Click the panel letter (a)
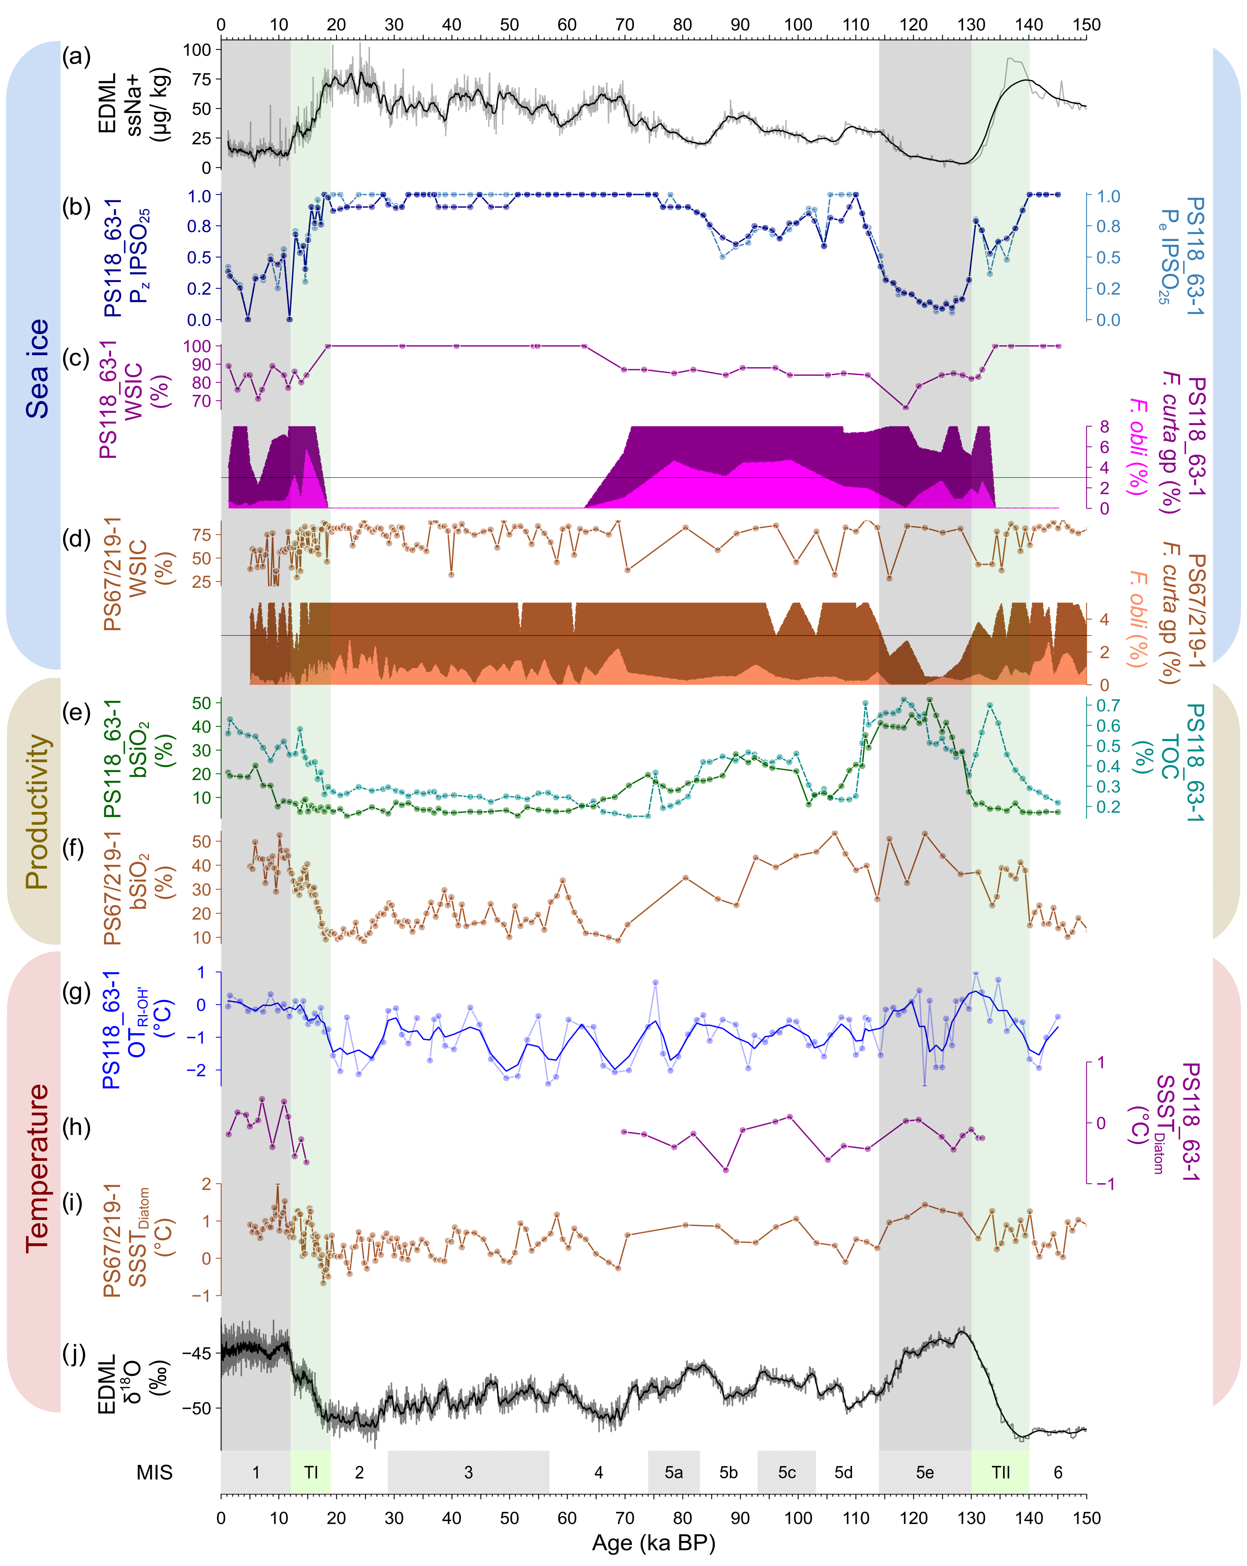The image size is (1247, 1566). coord(76,56)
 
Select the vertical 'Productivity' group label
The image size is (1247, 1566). coord(36,811)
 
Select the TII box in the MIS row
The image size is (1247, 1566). coord(1000,1472)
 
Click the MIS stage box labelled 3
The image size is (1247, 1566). coord(469,1472)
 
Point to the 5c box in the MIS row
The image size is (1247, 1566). coord(787,1472)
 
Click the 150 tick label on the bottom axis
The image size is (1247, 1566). coord(1086,1518)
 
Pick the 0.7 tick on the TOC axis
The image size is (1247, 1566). coord(1108,705)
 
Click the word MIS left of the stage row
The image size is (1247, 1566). coord(155,1472)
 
